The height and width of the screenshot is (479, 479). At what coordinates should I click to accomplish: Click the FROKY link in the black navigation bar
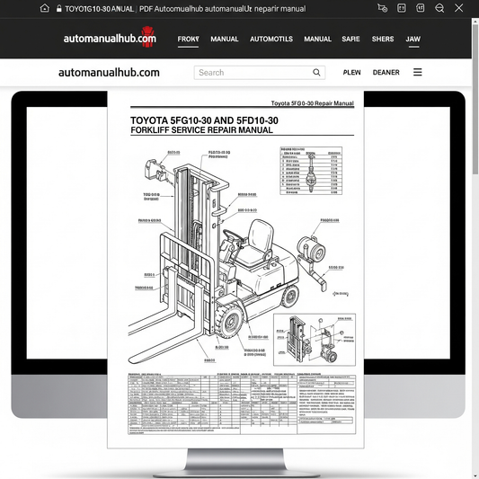tap(188, 40)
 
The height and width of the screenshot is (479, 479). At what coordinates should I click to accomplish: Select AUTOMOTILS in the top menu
tap(271, 40)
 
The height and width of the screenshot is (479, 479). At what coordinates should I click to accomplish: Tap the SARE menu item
tap(350, 40)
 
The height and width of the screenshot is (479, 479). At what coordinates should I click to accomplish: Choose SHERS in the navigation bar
tap(383, 40)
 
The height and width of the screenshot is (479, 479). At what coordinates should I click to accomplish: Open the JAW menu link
tap(413, 40)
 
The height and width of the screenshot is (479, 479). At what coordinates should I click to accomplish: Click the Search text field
tap(252, 73)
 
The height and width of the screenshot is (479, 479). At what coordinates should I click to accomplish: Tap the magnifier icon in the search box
tap(317, 73)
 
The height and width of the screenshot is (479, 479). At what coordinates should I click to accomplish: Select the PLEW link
tap(352, 73)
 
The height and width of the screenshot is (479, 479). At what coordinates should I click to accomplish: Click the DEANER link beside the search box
tap(386, 73)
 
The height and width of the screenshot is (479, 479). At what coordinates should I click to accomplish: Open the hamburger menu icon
tap(418, 73)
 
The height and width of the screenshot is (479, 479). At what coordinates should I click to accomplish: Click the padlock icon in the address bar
tap(58, 8)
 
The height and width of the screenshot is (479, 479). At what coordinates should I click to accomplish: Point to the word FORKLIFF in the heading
tap(155, 131)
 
